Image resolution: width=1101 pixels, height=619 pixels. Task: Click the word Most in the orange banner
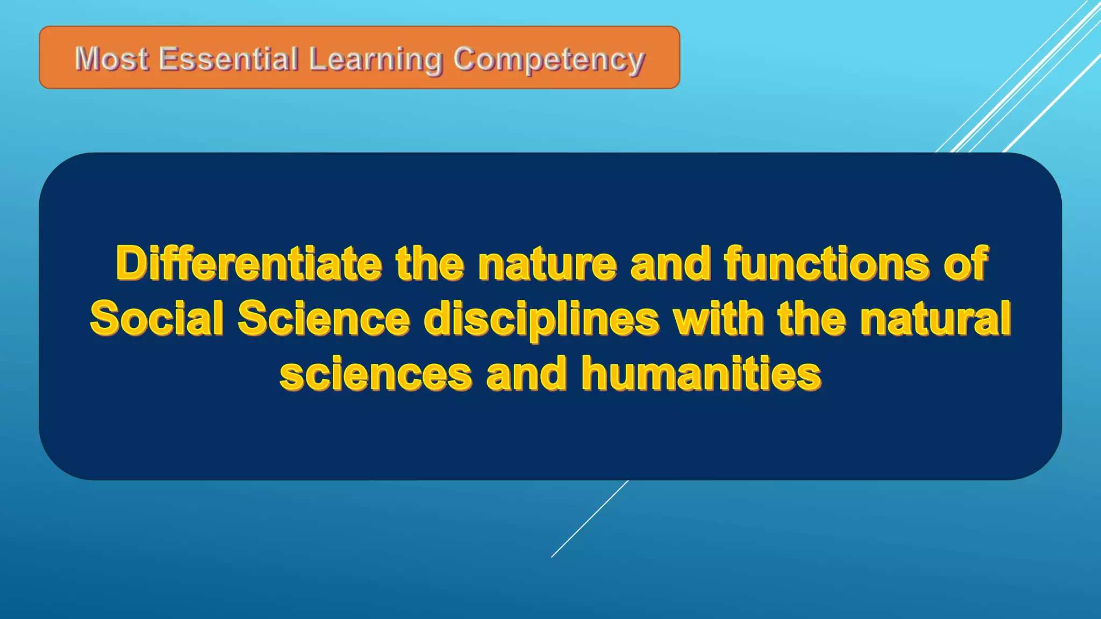pyautogui.click(x=111, y=59)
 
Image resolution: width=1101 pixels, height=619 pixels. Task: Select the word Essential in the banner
pyautogui.click(x=228, y=59)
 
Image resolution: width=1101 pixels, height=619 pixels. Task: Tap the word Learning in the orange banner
pyautogui.click(x=375, y=60)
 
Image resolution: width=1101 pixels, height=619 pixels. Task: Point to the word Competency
pyautogui.click(x=548, y=60)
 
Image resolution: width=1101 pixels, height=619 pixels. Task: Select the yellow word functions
pyautogui.click(x=827, y=263)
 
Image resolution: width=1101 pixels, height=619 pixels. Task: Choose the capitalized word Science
pyautogui.click(x=324, y=318)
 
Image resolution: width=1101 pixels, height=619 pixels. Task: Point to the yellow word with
pyautogui.click(x=719, y=318)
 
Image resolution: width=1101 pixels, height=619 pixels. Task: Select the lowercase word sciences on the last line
pyautogui.click(x=376, y=374)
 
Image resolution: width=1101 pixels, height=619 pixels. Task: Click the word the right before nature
pyautogui.click(x=430, y=263)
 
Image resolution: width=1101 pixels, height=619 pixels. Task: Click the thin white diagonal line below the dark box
pyautogui.click(x=589, y=519)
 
